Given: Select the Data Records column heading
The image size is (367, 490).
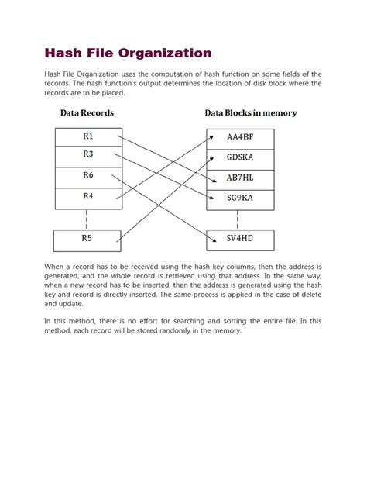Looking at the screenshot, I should click(x=87, y=113).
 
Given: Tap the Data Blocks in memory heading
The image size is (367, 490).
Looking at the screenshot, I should click(x=250, y=113).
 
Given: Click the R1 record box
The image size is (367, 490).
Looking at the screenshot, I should click(x=87, y=137).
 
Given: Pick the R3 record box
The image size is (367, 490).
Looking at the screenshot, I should click(x=87, y=155).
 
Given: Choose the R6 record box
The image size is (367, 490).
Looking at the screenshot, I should click(x=87, y=176).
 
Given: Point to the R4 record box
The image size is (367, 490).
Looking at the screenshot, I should click(x=87, y=197).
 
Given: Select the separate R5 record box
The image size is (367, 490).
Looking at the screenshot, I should click(x=86, y=240).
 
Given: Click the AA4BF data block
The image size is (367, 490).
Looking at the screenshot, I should click(x=239, y=138).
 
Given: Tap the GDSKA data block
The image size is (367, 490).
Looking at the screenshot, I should click(x=239, y=157).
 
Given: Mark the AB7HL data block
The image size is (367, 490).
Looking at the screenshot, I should click(x=239, y=178).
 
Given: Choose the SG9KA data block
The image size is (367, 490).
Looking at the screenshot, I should click(x=239, y=198).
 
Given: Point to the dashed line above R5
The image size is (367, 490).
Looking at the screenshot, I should click(x=87, y=219).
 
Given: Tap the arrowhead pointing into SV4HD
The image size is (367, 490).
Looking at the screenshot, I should click(x=204, y=238).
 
